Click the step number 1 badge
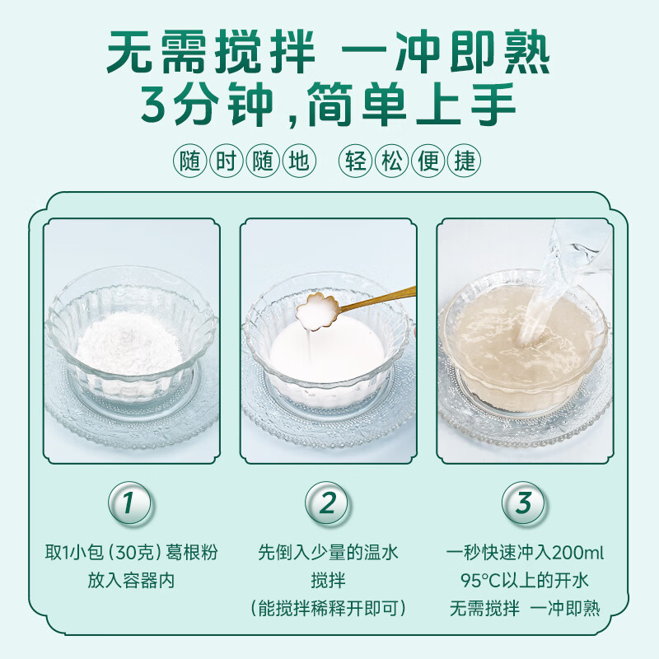click(131, 504)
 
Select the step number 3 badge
click(525, 504)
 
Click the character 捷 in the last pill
click(465, 161)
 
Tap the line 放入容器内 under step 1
click(131, 580)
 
